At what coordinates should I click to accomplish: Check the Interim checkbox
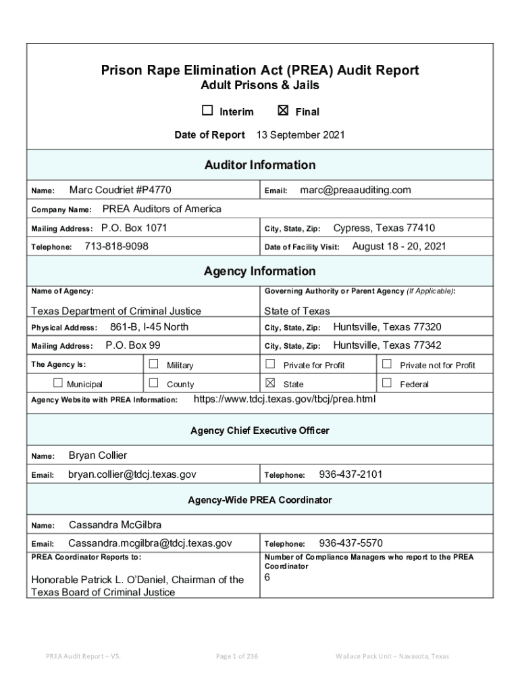click(207, 111)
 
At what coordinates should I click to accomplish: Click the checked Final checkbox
click(284, 111)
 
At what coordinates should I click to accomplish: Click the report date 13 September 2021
click(301, 135)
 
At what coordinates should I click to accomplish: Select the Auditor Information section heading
click(260, 165)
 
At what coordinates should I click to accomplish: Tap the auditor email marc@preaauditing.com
click(355, 191)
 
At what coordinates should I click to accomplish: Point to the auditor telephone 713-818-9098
click(116, 247)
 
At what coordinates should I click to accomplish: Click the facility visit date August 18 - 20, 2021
click(399, 247)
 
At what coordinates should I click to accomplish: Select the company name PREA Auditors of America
click(161, 209)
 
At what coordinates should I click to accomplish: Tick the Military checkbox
click(153, 364)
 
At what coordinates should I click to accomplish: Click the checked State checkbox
click(270, 383)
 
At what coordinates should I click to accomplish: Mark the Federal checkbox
click(387, 383)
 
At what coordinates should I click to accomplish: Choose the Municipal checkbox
click(58, 383)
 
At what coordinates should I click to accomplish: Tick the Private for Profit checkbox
click(270, 364)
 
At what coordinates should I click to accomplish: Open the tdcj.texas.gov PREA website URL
click(284, 399)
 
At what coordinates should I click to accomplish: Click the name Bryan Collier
click(98, 455)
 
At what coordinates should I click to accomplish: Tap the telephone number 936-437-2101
click(350, 474)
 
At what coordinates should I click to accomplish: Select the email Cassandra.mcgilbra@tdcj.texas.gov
click(150, 543)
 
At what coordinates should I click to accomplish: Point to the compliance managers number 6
click(267, 578)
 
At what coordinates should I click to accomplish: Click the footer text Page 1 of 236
click(236, 656)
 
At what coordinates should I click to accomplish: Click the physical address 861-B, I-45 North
click(149, 327)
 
